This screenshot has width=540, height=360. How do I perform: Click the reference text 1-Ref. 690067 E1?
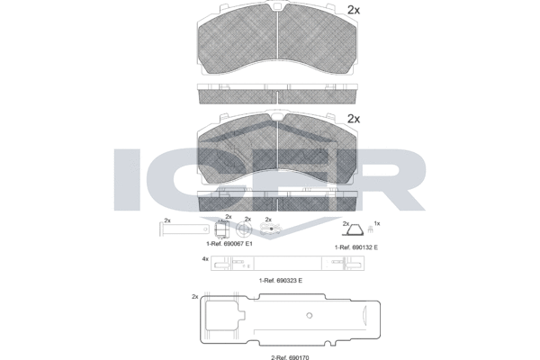(x=229, y=244)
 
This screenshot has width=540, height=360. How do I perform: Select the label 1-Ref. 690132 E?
(x=356, y=247)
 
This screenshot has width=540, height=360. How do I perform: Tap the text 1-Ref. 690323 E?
(x=281, y=281)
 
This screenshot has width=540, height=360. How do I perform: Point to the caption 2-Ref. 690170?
(x=288, y=357)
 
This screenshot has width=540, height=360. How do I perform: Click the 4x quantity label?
(x=205, y=258)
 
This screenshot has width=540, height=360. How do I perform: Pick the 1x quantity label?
(x=377, y=223)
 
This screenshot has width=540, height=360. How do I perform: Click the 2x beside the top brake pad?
(x=354, y=10)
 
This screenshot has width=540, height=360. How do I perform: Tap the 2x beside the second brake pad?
(x=354, y=119)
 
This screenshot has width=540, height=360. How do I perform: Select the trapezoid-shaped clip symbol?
(x=353, y=229)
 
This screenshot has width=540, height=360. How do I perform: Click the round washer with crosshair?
(x=244, y=229)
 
